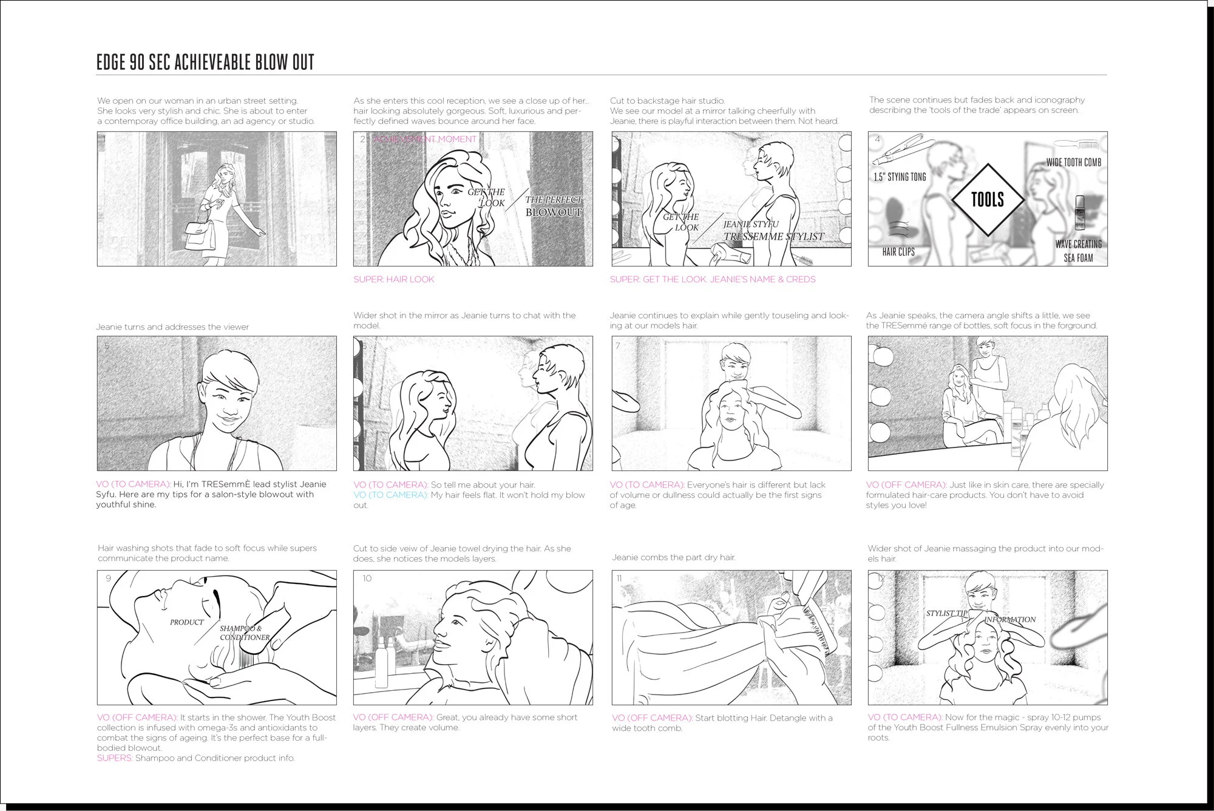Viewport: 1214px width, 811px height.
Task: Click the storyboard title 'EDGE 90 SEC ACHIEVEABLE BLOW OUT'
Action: point(205,62)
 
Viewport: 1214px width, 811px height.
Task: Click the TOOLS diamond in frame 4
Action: point(988,199)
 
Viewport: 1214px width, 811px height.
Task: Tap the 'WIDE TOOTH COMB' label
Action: point(1073,162)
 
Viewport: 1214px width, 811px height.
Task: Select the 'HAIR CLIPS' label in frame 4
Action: point(898,251)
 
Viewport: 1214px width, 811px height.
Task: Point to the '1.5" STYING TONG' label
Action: point(900,177)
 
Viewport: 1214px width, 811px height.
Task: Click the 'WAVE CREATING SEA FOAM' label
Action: point(1078,251)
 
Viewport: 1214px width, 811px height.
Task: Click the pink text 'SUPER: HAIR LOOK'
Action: point(394,279)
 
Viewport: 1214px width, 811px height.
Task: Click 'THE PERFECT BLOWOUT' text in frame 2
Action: point(553,206)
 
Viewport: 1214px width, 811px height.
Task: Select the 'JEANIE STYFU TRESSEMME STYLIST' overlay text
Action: point(773,231)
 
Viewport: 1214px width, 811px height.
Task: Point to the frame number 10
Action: point(367,578)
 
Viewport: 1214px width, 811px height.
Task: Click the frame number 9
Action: point(109,578)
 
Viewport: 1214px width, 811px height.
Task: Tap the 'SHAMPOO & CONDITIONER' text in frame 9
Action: point(244,633)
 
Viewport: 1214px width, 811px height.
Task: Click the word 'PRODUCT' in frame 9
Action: point(186,622)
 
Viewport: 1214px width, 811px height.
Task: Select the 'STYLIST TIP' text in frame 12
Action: point(946,613)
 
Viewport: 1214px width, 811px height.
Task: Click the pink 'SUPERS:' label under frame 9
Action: point(115,758)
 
